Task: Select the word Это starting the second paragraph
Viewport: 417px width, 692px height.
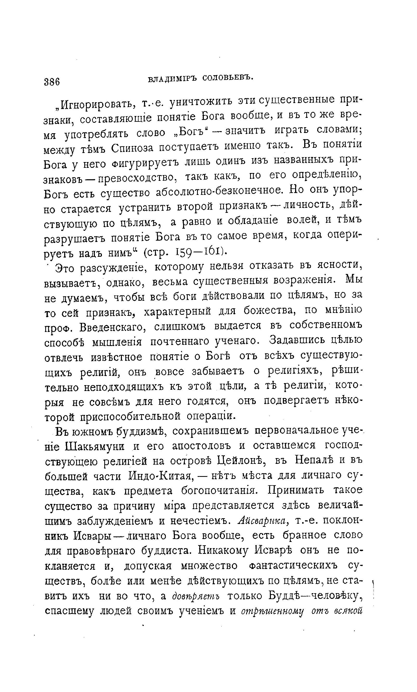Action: pyautogui.click(x=66, y=268)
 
